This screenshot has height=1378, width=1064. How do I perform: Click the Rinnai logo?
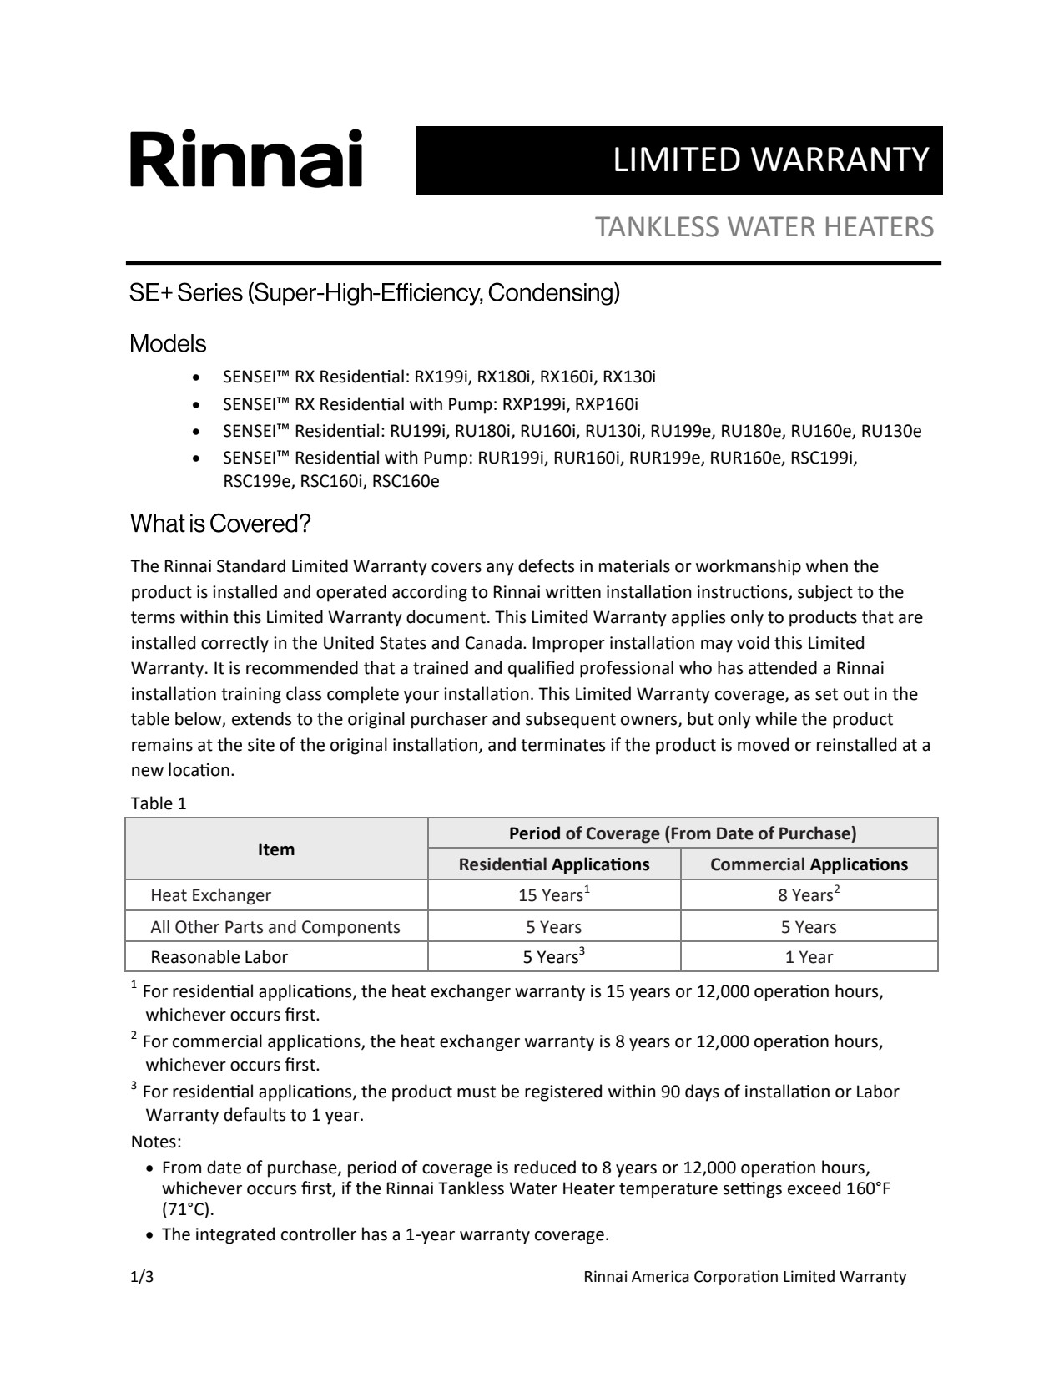click(x=246, y=159)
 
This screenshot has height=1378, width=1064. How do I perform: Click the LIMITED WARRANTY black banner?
click(x=678, y=160)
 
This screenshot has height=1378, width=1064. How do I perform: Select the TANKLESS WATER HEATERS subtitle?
click(x=764, y=226)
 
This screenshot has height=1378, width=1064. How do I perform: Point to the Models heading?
click(x=168, y=343)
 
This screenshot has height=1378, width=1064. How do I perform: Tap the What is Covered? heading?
click(x=220, y=524)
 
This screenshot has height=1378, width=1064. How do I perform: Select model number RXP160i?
click(x=607, y=404)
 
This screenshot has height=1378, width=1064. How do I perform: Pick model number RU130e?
click(x=891, y=431)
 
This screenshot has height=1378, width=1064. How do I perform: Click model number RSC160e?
click(x=406, y=481)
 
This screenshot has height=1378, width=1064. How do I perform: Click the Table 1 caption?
click(x=159, y=803)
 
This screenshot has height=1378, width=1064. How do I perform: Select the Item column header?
click(x=276, y=849)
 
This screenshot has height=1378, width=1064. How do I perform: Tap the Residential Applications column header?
click(x=554, y=864)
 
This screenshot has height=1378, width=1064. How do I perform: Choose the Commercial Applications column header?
click(x=809, y=864)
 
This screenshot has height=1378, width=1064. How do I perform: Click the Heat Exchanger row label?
click(x=210, y=895)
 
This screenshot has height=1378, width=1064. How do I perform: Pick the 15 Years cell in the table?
click(x=553, y=895)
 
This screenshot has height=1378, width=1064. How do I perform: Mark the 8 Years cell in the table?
click(x=808, y=895)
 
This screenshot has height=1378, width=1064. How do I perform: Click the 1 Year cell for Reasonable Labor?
click(x=809, y=957)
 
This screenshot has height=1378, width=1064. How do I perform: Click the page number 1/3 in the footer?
click(x=142, y=1276)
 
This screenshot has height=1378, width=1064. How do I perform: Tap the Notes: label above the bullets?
click(x=156, y=1141)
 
